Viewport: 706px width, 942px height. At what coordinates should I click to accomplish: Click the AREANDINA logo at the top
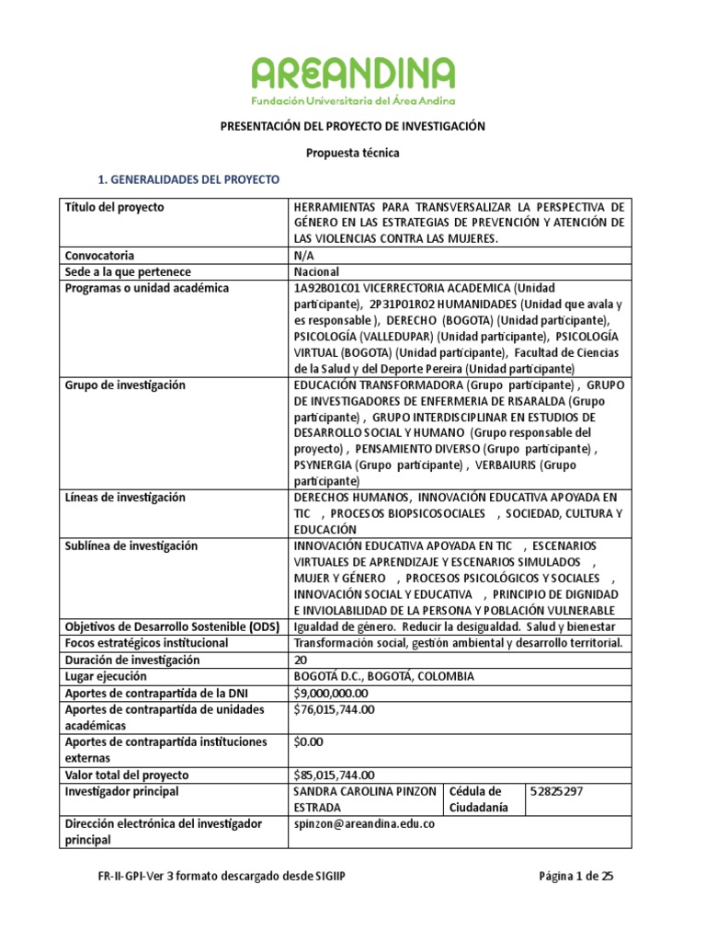tap(353, 79)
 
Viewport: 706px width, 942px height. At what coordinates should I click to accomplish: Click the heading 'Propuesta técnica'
tap(353, 153)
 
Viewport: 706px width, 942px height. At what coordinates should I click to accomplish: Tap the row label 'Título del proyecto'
tap(113, 207)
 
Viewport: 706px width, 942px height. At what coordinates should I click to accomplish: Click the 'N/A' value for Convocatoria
tap(303, 255)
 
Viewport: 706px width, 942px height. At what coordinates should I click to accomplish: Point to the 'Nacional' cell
tap(316, 271)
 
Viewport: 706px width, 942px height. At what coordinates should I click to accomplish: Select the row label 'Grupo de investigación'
tap(125, 385)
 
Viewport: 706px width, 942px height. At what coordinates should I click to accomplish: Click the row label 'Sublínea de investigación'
tap(131, 546)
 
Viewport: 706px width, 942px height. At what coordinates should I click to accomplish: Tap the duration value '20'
tap(300, 660)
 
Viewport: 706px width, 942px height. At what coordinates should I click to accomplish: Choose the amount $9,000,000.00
tap(331, 693)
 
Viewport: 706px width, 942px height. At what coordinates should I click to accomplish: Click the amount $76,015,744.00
tap(334, 709)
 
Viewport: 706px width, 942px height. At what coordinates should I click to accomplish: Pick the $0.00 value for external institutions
tap(308, 741)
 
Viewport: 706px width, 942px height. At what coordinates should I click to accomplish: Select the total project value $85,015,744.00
tap(334, 775)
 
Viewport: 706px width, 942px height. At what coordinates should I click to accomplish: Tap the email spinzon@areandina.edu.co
tap(364, 823)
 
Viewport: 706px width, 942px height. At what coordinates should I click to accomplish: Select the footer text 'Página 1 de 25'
tap(575, 877)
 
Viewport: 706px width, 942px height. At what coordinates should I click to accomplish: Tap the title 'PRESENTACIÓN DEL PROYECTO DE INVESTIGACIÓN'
tap(353, 126)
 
